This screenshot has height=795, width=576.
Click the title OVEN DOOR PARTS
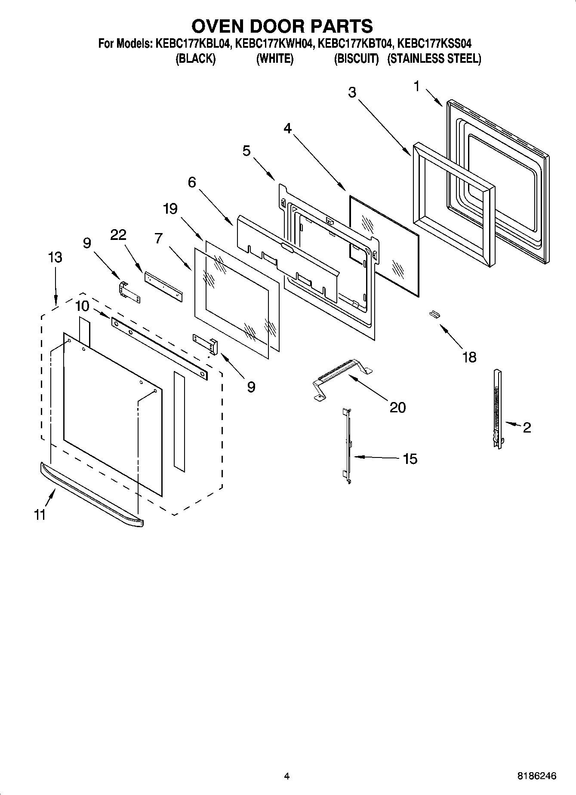[x=282, y=26]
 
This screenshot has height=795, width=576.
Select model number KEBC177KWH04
[x=273, y=44]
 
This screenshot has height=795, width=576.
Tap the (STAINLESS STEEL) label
[x=434, y=59]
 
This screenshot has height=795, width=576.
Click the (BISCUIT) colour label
[x=356, y=59]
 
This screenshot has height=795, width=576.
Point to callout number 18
[x=469, y=357]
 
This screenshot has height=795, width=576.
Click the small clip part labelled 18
[x=434, y=315]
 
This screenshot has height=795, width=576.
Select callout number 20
[x=397, y=407]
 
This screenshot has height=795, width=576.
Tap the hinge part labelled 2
[x=498, y=408]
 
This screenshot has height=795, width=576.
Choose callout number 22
[x=118, y=235]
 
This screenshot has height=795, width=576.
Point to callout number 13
[x=55, y=258]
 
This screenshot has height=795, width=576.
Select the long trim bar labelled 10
[x=159, y=349]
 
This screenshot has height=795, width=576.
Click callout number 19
[x=170, y=209]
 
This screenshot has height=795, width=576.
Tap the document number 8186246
[x=536, y=776]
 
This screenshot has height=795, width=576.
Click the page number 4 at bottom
[x=287, y=776]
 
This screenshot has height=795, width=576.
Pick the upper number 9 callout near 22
[x=87, y=243]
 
